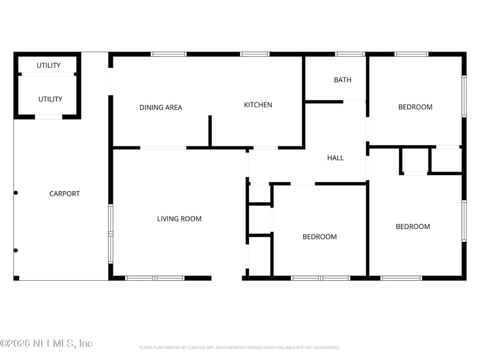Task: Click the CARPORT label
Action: pyautogui.click(x=64, y=194)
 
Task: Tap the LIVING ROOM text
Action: pyautogui.click(x=179, y=219)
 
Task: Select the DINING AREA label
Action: pyautogui.click(x=160, y=108)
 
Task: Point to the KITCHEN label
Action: pyautogui.click(x=257, y=105)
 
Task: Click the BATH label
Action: pyautogui.click(x=343, y=80)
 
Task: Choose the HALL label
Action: pyautogui.click(x=335, y=158)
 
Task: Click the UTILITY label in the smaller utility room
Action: pyautogui.click(x=49, y=65)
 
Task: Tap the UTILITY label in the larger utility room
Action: pyautogui.click(x=50, y=100)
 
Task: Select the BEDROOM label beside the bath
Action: pyautogui.click(x=415, y=107)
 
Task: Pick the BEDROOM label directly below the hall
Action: pyautogui.click(x=319, y=237)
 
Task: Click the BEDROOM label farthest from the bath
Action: pyautogui.click(x=413, y=227)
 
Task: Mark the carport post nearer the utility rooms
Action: pyautogui.click(x=16, y=193)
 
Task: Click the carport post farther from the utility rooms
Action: pyautogui.click(x=16, y=250)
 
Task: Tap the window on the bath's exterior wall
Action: pyautogui.click(x=350, y=55)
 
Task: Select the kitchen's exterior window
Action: pyautogui.click(x=254, y=55)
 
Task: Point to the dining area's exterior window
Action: pyautogui.click(x=169, y=55)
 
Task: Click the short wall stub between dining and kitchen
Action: pyautogui.click(x=210, y=131)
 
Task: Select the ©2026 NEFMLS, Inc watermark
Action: pyautogui.click(x=46, y=343)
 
